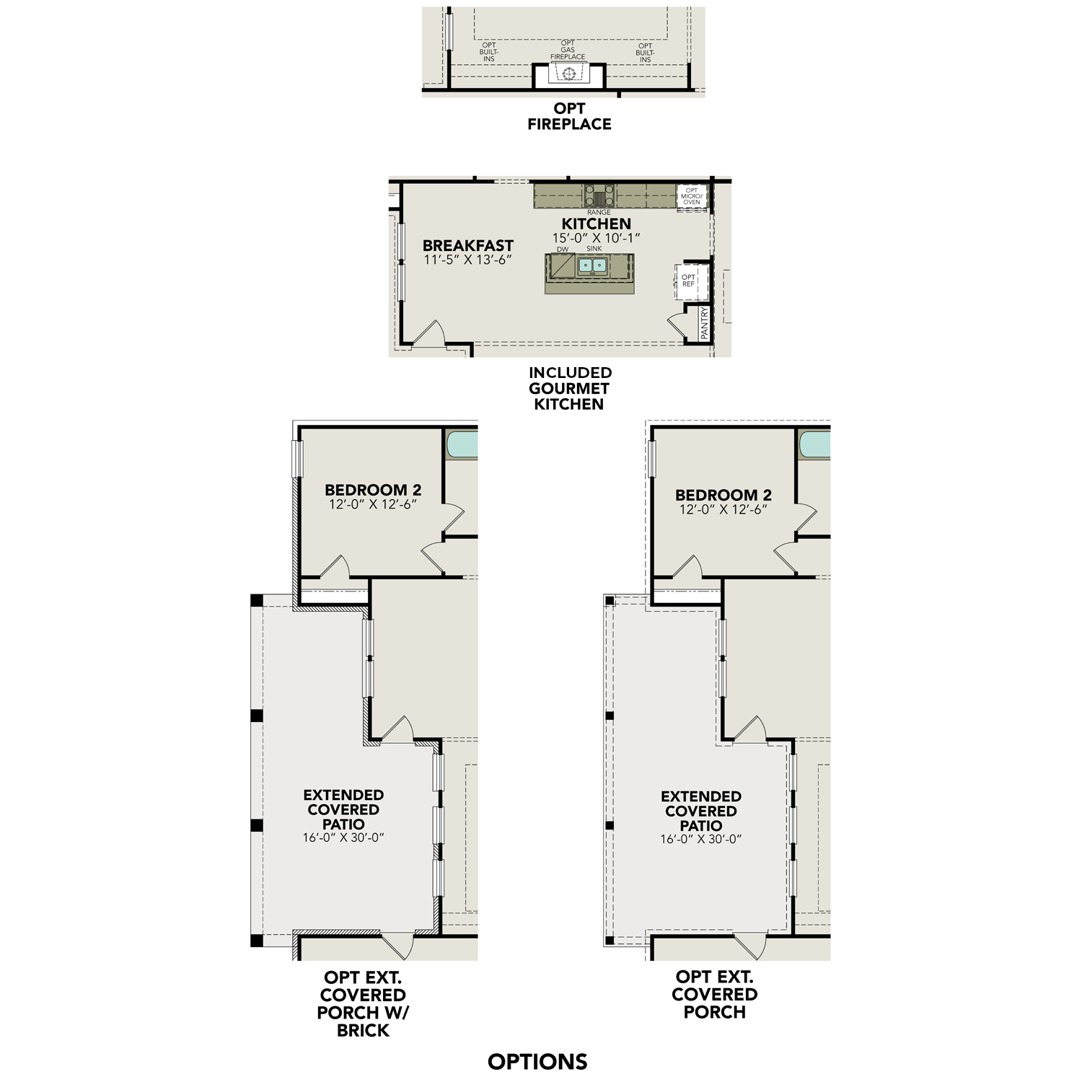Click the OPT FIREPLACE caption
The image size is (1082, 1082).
(x=569, y=116)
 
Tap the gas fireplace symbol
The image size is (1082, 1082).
(x=568, y=74)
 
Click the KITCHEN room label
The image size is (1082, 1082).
(x=596, y=224)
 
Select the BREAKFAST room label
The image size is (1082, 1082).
(x=467, y=246)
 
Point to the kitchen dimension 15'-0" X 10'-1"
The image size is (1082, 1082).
(x=596, y=238)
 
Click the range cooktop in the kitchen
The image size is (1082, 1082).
(x=599, y=195)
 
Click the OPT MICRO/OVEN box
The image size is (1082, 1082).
(x=691, y=196)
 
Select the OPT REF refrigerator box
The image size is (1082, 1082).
(x=688, y=281)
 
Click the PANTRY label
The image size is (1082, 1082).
(x=704, y=324)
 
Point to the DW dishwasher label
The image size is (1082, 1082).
(x=562, y=250)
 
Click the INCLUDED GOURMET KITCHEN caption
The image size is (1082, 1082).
(x=569, y=388)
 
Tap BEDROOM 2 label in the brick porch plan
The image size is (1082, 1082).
(x=372, y=491)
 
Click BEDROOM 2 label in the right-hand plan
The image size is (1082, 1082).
(x=723, y=496)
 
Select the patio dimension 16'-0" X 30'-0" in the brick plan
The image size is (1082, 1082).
(x=343, y=838)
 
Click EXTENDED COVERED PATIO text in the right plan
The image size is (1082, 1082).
(x=700, y=811)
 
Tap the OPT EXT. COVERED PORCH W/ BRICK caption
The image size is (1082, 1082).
(x=363, y=1003)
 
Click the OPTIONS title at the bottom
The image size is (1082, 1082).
(x=537, y=1061)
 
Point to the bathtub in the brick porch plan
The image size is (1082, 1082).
(x=462, y=444)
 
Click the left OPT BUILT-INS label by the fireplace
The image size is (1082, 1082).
(x=488, y=52)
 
